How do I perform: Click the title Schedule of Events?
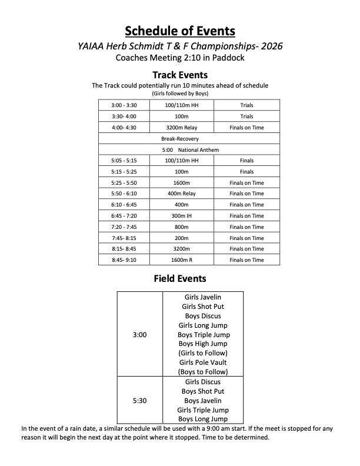[180, 31]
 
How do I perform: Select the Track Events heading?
[180, 75]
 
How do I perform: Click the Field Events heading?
[180, 278]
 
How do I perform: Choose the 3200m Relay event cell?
[181, 127]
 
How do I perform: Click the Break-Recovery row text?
[180, 139]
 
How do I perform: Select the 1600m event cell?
[181, 183]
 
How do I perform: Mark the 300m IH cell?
[181, 216]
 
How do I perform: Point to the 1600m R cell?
[181, 260]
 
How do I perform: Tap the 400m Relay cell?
[181, 194]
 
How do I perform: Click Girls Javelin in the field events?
[202, 297]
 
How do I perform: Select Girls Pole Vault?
[202, 362]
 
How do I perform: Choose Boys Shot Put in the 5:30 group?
[202, 391]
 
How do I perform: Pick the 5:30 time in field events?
[139, 401]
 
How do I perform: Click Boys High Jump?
[202, 344]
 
